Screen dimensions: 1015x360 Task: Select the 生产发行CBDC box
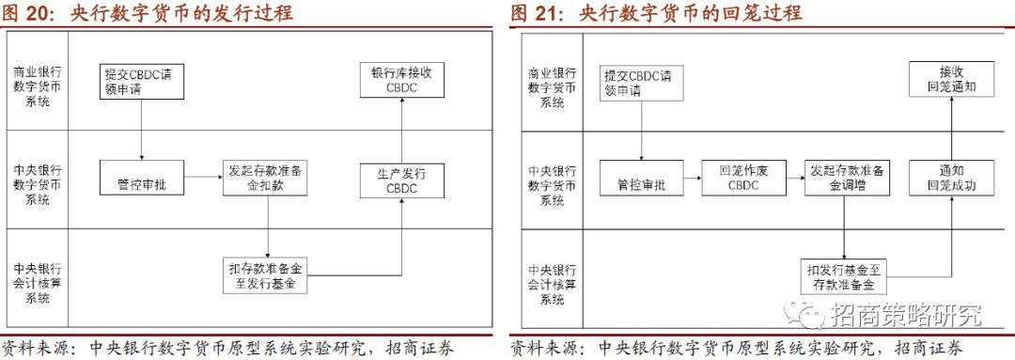[400, 181]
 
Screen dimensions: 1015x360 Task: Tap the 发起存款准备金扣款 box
[268, 178]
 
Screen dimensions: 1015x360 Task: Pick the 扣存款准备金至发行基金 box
[268, 275]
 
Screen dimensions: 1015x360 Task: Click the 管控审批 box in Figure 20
[141, 178]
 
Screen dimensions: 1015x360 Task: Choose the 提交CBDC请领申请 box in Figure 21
[642, 83]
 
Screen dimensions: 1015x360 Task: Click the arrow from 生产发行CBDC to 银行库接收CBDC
[401, 131]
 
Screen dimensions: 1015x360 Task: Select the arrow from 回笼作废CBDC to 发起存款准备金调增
[792, 178]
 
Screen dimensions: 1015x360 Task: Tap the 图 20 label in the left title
[28, 12]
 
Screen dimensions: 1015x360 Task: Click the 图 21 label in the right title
[537, 12]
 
